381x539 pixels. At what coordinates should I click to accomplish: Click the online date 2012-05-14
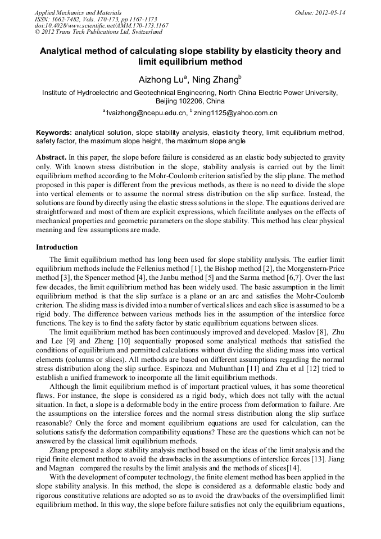tap(330, 12)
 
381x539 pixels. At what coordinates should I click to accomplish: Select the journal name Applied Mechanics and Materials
tap(78, 12)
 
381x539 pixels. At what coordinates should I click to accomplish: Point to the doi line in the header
tap(101, 25)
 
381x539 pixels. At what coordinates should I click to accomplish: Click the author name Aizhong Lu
tap(160, 80)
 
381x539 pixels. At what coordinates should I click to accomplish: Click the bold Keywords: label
tap(54, 133)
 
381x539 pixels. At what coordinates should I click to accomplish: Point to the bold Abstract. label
tap(52, 157)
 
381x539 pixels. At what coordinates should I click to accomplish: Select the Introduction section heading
tap(57, 247)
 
